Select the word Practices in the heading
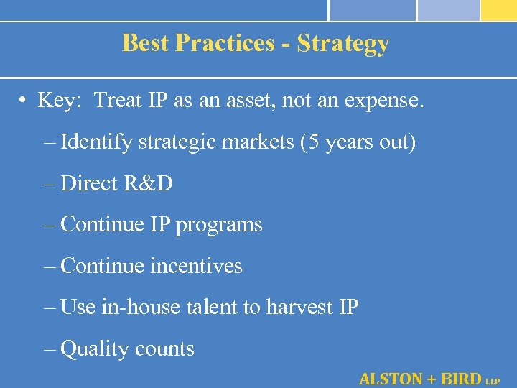[225, 43]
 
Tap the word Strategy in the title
[343, 44]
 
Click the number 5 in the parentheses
[313, 142]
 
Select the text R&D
[148, 183]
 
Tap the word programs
[219, 225]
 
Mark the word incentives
[196, 266]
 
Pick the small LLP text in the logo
[493, 381]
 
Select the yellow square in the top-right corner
[498, 9]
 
